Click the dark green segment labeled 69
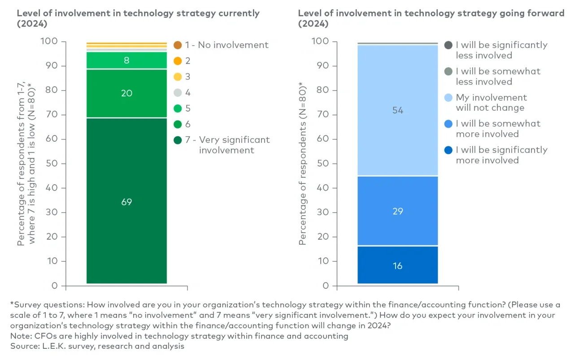[126, 202]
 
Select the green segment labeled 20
[126, 93]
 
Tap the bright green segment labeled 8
[126, 61]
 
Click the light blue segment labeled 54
[397, 110]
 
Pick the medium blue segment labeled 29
[397, 211]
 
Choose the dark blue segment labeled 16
[397, 265]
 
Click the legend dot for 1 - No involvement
[178, 45]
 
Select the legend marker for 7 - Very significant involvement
[178, 140]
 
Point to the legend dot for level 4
[178, 93]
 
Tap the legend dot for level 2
[178, 61]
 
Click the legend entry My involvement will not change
[491, 103]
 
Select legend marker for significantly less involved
[448, 45]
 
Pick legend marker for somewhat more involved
[448, 124]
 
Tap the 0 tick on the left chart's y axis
[54, 286]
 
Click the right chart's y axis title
[303, 164]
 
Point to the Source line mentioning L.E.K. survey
[97, 346]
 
